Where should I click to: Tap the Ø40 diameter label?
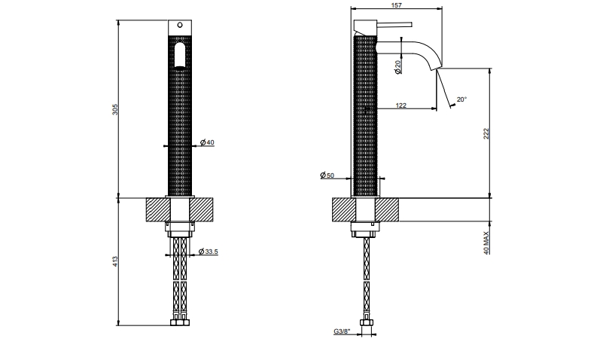[209, 142]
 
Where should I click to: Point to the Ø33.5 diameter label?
[209, 252]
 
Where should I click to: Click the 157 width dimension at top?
[397, 6]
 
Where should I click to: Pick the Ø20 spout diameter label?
[397, 66]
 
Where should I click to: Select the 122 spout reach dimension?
[400, 105]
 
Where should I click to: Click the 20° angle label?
[461, 99]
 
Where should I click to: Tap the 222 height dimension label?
[487, 133]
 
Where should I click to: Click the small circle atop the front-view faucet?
[179, 25]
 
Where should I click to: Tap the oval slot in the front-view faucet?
[179, 55]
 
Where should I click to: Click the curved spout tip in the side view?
[434, 66]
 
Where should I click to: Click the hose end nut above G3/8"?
[367, 325]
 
